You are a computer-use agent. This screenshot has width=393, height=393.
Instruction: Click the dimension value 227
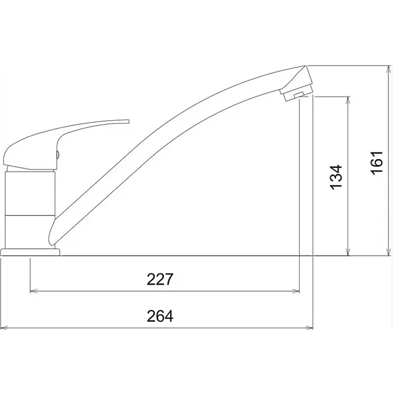160,279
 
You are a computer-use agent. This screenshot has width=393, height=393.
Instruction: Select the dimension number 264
160,316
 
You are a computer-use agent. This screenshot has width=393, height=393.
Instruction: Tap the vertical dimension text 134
336,177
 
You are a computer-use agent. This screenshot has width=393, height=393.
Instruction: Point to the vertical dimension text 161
377,163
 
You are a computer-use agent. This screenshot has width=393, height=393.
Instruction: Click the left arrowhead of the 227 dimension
33,291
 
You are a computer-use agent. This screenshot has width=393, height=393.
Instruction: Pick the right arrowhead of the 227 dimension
296,291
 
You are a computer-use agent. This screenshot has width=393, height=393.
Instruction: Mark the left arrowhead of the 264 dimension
5,328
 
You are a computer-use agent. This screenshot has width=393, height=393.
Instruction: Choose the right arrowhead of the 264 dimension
309,328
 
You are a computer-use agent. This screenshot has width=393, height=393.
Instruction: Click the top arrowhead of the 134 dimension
348,100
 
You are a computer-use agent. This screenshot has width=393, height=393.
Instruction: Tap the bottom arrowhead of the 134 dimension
348,252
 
